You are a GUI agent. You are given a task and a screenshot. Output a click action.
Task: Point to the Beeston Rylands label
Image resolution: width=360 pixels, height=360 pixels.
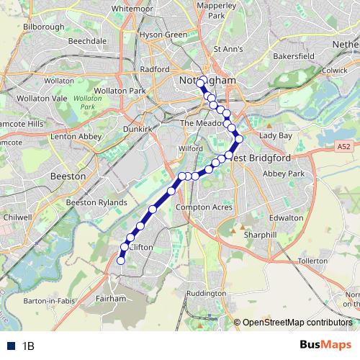(x=96, y=203)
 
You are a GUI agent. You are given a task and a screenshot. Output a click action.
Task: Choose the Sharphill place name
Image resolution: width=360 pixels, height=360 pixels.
(x=260, y=235)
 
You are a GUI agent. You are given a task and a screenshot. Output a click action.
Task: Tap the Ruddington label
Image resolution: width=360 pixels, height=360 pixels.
(x=205, y=294)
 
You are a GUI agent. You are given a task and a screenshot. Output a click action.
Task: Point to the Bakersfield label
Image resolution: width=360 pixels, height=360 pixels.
(x=293, y=55)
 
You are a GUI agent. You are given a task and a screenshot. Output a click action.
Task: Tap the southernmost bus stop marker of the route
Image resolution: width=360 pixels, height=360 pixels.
(x=121, y=261)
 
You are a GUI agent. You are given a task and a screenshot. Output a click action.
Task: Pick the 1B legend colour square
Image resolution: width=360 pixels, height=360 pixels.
(x=11, y=346)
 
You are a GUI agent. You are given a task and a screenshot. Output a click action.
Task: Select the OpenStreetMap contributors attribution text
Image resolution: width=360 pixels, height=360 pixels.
(x=296, y=323)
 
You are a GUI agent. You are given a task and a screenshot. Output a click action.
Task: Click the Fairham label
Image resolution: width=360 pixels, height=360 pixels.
(x=110, y=297)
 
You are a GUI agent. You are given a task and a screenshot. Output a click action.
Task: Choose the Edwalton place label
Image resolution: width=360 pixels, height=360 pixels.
(x=286, y=217)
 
